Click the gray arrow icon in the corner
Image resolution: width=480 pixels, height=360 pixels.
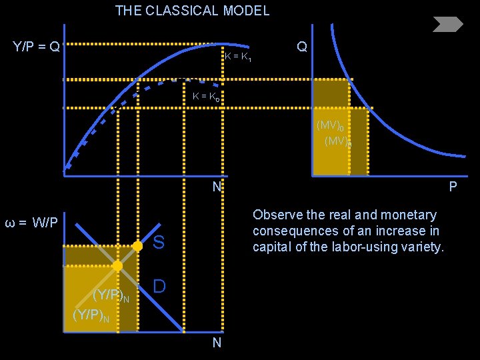point(447,25)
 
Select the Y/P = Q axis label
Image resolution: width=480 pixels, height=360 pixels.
point(36,47)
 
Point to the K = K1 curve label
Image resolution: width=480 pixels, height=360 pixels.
point(238,57)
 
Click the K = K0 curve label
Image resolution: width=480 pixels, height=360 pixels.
point(206,97)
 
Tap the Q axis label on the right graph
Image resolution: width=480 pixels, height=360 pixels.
point(302,47)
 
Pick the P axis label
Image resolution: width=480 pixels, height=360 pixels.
point(453,187)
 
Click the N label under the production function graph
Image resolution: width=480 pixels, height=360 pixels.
point(217,187)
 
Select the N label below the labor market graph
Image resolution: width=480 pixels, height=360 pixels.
point(217,343)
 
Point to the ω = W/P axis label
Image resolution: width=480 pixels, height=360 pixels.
point(31,222)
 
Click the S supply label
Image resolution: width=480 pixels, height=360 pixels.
point(159,243)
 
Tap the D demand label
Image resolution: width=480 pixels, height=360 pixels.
point(159,286)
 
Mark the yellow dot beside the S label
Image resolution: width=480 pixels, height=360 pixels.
point(137,246)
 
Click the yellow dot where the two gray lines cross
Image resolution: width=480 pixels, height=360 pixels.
point(117,266)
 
